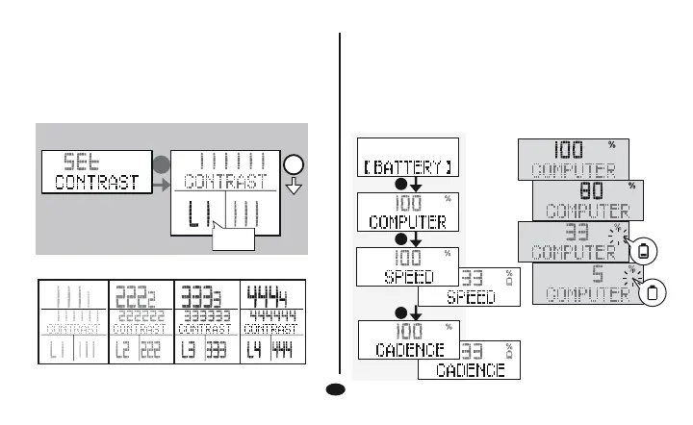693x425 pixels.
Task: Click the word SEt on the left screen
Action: point(74,160)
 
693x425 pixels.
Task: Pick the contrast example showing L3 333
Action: point(205,321)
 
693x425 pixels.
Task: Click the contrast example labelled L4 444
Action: point(271,321)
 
